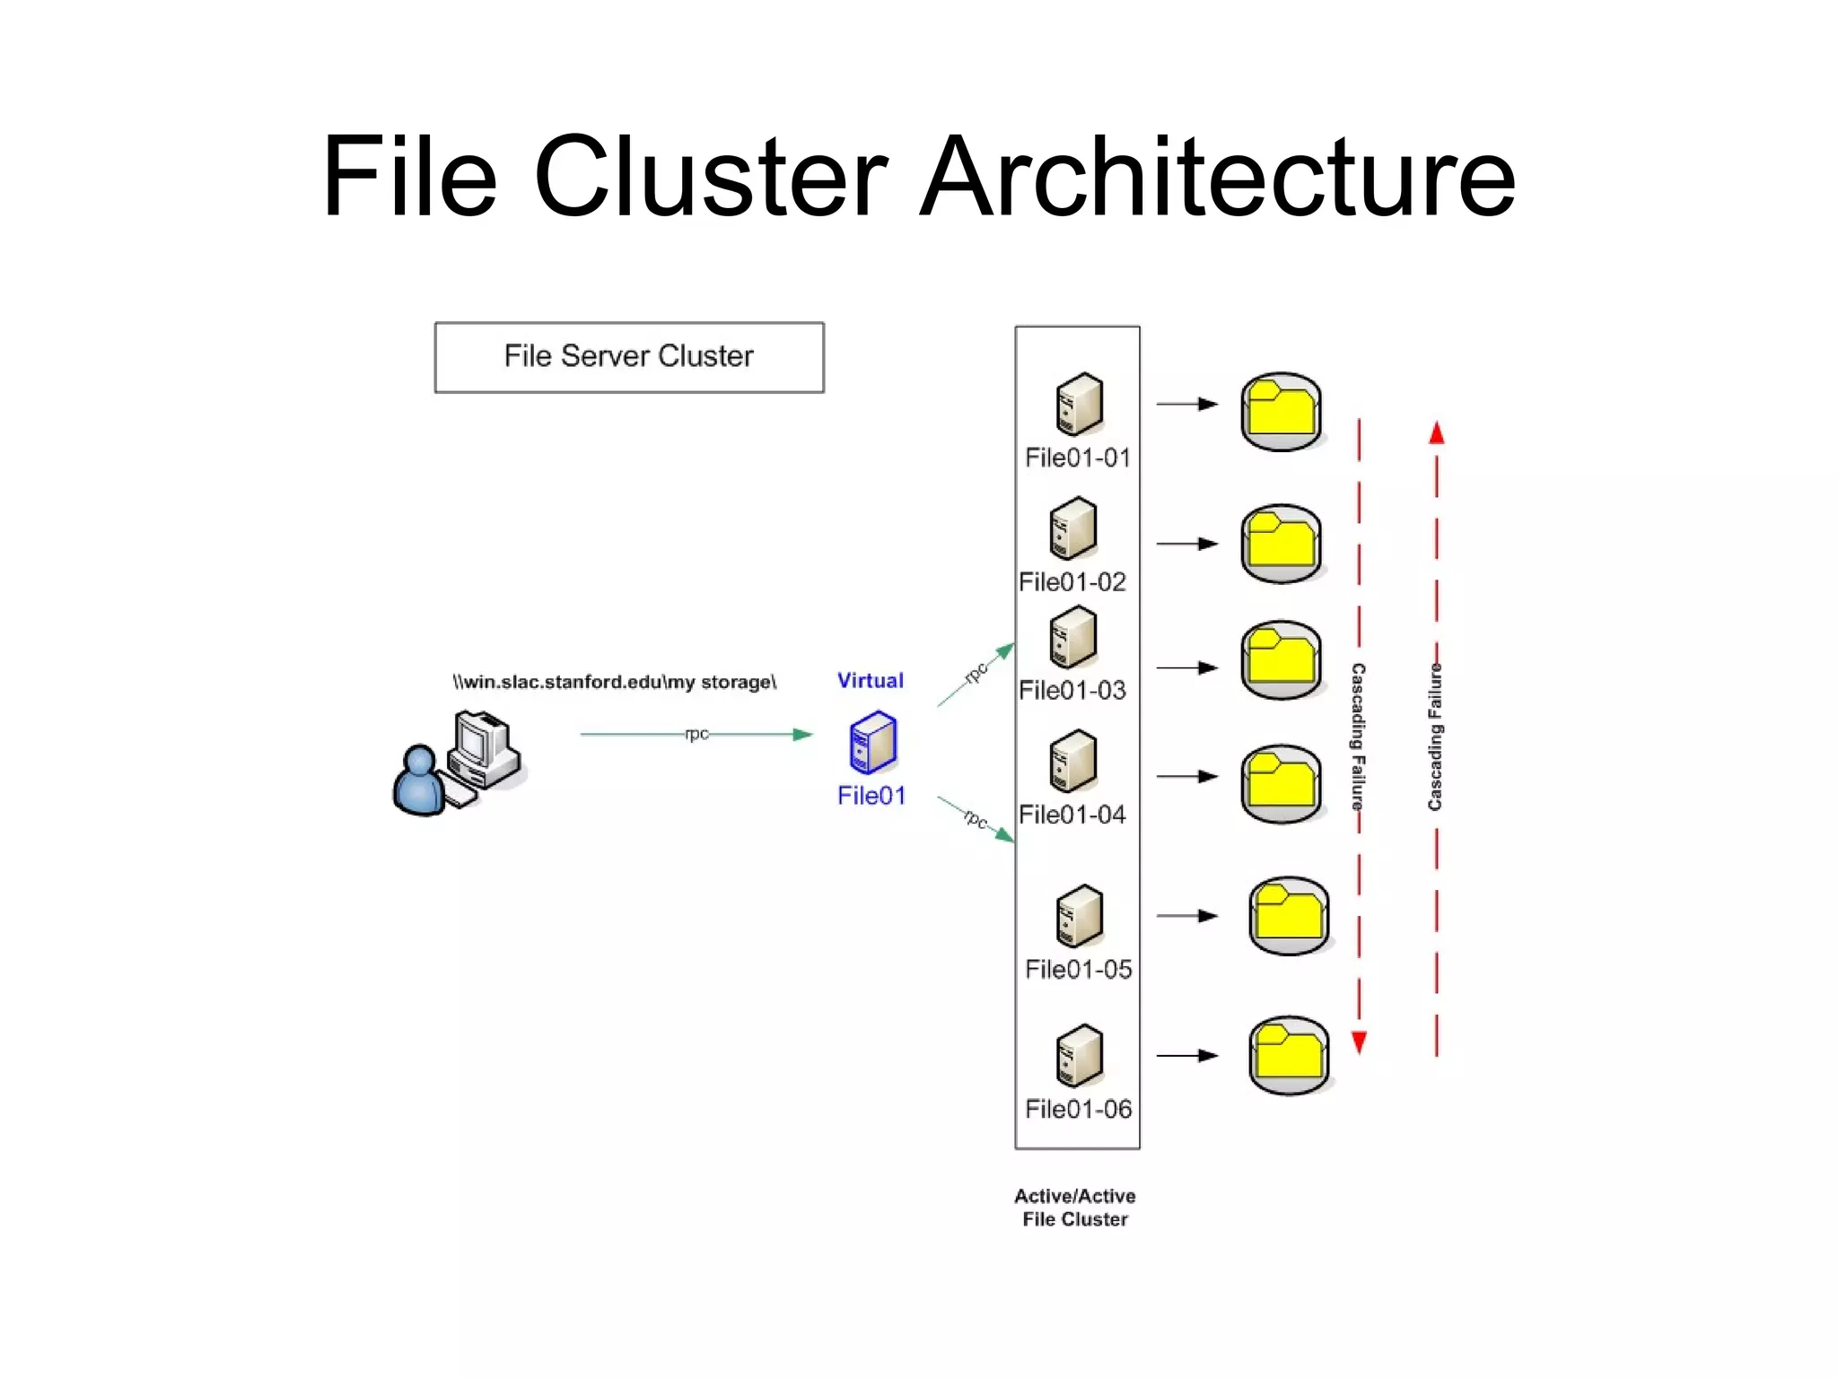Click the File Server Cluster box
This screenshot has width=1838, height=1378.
tap(629, 357)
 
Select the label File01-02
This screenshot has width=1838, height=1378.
tap(1072, 582)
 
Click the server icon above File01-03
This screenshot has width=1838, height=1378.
tap(1072, 637)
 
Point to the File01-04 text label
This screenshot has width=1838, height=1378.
tap(1072, 815)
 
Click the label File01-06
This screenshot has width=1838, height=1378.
tap(1078, 1110)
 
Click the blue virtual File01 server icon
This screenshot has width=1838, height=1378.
tap(872, 743)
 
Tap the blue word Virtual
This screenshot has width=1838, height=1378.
tap(870, 681)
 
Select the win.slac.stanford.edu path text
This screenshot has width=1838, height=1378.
tap(614, 683)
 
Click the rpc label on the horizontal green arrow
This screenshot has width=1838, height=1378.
tap(696, 734)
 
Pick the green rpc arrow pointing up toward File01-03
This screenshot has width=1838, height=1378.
tap(976, 675)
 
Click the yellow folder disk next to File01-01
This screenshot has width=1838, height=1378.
tap(1281, 411)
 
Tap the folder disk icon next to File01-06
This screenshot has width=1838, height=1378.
tap(1288, 1055)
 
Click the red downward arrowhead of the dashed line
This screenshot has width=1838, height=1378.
tap(1359, 1042)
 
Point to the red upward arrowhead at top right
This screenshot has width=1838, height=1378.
tap(1436, 434)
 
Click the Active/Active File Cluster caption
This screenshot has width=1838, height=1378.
tap(1074, 1208)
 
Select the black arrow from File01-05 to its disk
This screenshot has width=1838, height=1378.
tap(1186, 916)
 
